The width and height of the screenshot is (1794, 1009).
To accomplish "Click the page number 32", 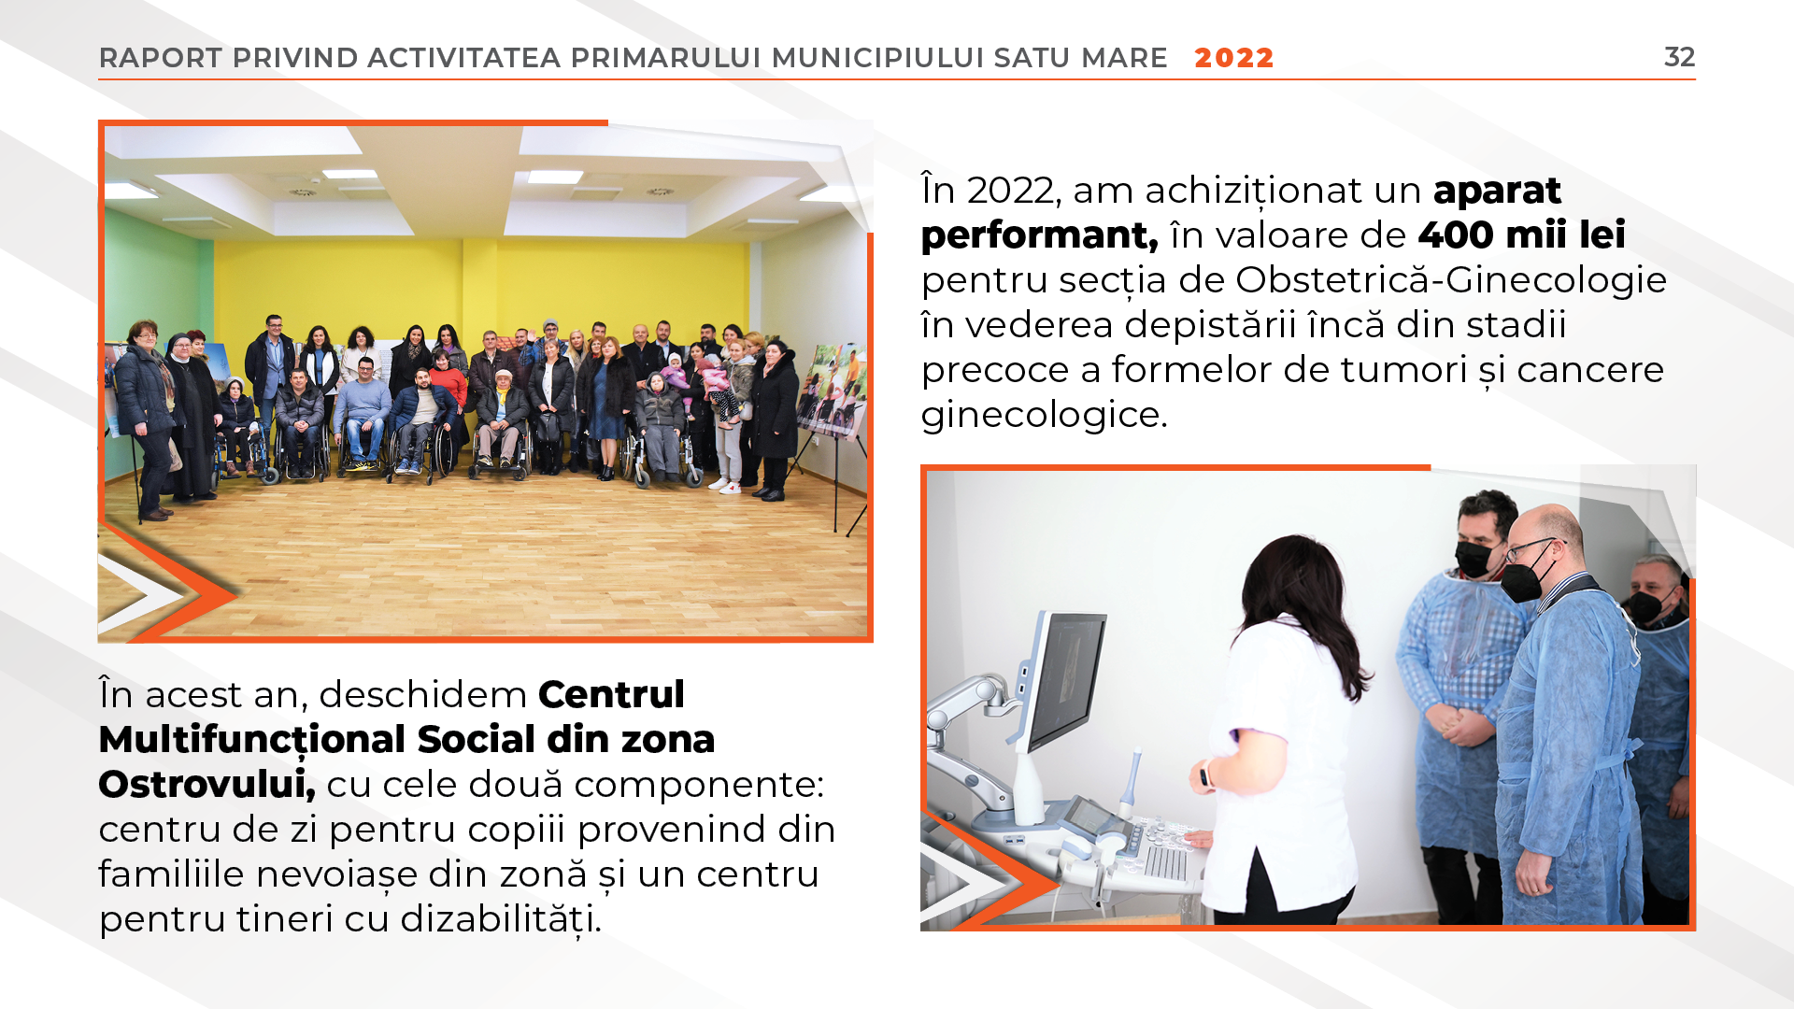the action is (x=1679, y=57).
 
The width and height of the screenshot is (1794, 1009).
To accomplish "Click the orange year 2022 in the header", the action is (x=1234, y=58).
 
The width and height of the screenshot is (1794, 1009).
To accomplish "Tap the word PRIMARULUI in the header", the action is (x=666, y=58).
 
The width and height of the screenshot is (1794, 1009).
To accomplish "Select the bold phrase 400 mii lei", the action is (x=1522, y=234).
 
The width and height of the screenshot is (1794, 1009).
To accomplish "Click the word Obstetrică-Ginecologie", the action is (x=1451, y=280).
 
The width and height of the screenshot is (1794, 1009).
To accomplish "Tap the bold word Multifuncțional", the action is (x=252, y=740).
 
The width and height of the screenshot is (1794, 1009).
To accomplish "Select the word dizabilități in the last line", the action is (x=501, y=919).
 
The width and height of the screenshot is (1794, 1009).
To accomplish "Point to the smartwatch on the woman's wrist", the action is (x=1206, y=774).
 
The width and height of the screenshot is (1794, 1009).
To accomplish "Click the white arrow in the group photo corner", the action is (x=140, y=595).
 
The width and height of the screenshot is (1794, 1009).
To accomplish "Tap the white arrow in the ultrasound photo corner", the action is (x=962, y=882).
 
